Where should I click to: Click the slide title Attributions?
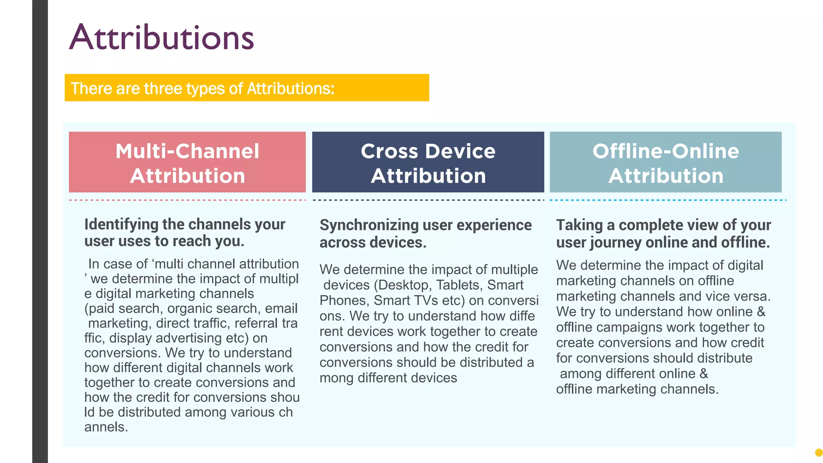(x=162, y=37)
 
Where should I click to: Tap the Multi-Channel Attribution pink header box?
(x=187, y=162)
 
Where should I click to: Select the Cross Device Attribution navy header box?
(x=428, y=162)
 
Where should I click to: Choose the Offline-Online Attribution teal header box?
(x=665, y=162)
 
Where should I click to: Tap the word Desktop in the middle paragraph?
(x=403, y=285)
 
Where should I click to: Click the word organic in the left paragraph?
(x=189, y=308)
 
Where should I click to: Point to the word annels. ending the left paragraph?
(x=106, y=427)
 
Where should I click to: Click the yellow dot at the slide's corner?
(x=819, y=453)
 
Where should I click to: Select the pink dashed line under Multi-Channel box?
(x=187, y=200)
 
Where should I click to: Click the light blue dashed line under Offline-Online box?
(x=667, y=200)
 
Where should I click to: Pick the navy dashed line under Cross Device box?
(x=428, y=200)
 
